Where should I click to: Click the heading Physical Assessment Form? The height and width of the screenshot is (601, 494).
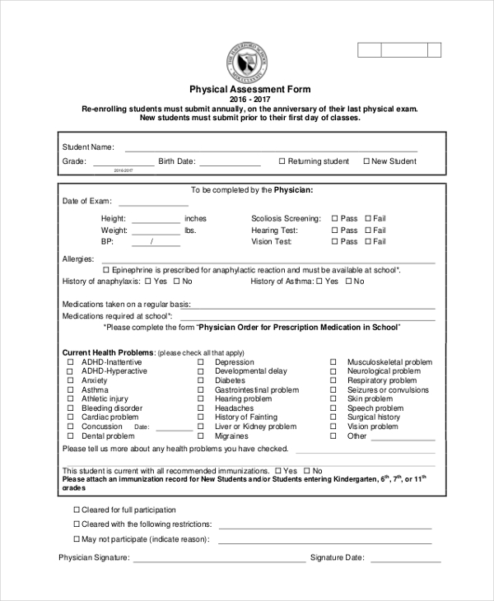[250, 89]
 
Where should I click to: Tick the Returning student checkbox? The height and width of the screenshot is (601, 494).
[282, 161]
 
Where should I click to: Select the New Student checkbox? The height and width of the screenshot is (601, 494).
[366, 161]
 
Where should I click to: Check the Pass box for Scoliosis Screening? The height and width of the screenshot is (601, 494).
[334, 219]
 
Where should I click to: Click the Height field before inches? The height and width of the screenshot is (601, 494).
[156, 221]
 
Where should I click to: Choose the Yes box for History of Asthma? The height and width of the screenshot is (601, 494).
[319, 282]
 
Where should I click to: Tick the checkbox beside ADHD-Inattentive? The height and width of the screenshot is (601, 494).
[71, 362]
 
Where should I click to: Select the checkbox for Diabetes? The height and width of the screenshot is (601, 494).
[200, 381]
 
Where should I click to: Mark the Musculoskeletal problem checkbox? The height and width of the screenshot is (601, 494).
[333, 362]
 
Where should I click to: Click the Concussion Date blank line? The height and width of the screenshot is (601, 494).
[174, 429]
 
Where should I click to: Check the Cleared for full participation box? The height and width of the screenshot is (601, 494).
[77, 510]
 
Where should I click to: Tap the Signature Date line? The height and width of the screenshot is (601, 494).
[405, 560]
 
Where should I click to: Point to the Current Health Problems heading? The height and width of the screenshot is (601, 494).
[108, 352]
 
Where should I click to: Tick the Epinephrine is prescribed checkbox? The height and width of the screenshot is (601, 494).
[105, 270]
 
